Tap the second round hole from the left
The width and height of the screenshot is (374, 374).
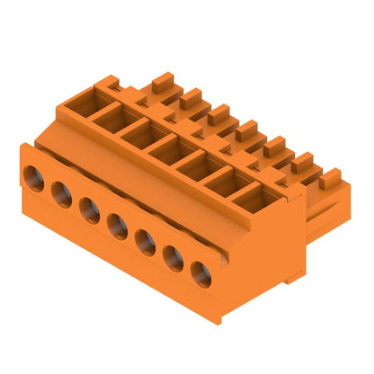pos(61,193)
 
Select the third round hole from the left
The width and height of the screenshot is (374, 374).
pos(88,209)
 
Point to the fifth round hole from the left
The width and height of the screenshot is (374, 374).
pos(146,243)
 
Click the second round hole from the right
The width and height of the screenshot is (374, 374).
pos(174,259)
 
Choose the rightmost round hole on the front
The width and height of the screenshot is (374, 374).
pos(201,275)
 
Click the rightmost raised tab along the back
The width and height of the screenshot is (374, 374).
pos(331,177)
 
